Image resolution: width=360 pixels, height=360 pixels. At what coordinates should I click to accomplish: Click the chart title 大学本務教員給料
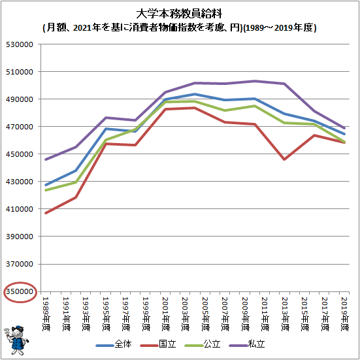click(179, 14)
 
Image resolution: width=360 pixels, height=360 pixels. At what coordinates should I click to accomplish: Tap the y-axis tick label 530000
click(20, 44)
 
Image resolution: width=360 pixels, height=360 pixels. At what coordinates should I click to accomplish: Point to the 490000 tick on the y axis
click(20, 99)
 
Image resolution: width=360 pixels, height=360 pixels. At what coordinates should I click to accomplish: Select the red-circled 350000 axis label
click(20, 291)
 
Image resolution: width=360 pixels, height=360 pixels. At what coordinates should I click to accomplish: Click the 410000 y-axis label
click(20, 209)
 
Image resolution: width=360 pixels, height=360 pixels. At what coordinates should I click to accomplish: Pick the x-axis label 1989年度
click(46, 314)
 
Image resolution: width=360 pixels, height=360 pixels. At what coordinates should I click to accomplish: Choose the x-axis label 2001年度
click(166, 314)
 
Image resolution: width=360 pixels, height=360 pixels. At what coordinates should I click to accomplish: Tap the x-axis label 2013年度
click(286, 314)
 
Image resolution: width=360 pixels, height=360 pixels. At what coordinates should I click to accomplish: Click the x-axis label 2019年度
click(346, 314)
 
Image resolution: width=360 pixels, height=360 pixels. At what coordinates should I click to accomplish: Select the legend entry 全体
click(114, 344)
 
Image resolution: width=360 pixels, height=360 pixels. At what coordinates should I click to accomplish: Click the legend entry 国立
click(158, 344)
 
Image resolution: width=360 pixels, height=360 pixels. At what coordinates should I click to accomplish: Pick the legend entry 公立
click(203, 344)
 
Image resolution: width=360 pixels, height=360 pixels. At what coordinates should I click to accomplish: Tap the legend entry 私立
click(247, 344)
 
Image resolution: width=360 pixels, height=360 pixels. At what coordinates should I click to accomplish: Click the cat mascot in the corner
click(16, 340)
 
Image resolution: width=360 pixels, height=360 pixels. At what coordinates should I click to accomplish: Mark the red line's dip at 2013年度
click(285, 159)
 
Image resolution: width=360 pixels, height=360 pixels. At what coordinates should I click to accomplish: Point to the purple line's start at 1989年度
click(46, 159)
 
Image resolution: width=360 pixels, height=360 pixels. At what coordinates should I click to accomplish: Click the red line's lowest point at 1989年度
click(46, 213)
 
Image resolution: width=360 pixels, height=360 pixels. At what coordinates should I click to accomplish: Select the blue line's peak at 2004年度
click(195, 94)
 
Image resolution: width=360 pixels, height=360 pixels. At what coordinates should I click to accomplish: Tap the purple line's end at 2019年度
click(344, 128)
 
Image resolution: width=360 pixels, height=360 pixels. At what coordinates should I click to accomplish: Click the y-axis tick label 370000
click(20, 264)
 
